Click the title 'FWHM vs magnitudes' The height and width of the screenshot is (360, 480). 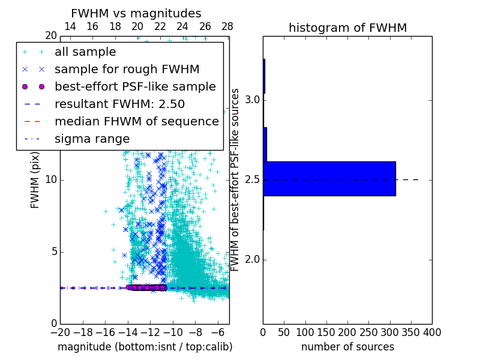pos(136,13)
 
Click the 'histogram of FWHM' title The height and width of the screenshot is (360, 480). pos(347,28)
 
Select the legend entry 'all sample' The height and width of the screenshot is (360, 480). pos(85,52)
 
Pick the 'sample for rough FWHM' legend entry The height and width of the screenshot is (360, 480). pos(127,70)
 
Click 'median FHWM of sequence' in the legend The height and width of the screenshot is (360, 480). pos(137,121)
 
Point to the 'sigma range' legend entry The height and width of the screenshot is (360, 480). pos(92,139)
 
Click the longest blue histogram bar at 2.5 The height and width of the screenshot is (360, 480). pos(329,179)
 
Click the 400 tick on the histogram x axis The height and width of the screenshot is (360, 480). pos(432,332)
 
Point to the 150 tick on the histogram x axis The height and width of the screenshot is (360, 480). pos(326,332)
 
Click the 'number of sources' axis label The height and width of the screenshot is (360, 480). pos(347,347)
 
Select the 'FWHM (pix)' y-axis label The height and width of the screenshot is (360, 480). pos(35,180)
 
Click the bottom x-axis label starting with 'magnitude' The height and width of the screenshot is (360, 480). pos(145,347)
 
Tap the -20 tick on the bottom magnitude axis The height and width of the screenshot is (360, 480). pos(60,332)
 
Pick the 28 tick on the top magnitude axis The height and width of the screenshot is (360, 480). pos(227,26)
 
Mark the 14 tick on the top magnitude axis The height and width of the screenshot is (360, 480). pos(70,26)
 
